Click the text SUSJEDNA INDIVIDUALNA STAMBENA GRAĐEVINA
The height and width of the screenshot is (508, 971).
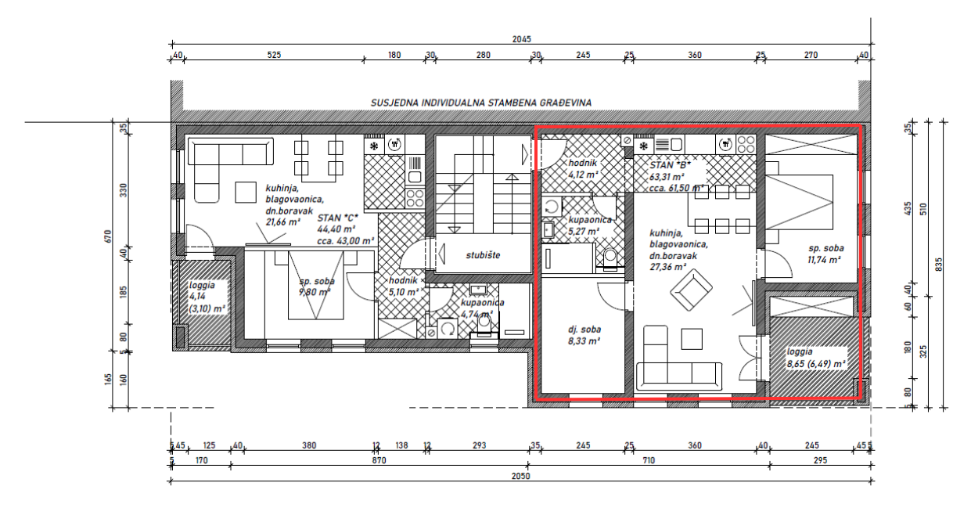[x=481, y=103]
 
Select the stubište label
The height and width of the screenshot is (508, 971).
[x=482, y=255]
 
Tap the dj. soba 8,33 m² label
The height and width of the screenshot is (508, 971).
[x=583, y=335]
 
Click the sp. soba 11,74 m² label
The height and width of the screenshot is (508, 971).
[x=825, y=254]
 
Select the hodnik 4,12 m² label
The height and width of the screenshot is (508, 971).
[x=583, y=168]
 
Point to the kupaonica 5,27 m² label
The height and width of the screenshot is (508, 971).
[x=589, y=225]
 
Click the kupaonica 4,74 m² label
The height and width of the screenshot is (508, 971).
[x=481, y=308]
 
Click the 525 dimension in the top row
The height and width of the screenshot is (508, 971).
[x=273, y=55]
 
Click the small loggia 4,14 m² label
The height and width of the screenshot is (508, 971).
[x=205, y=297]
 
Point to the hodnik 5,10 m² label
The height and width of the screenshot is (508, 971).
[x=405, y=286]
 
